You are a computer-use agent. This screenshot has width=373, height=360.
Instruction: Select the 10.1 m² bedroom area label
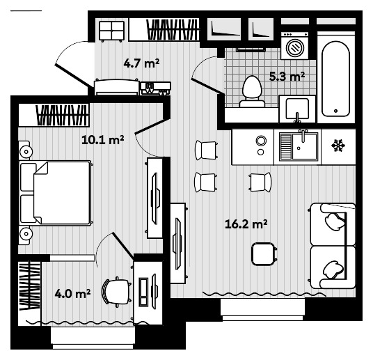click(x=103, y=139)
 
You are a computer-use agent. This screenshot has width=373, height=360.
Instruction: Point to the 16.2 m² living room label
click(x=246, y=224)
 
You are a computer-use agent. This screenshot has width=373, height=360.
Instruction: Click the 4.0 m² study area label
click(x=73, y=294)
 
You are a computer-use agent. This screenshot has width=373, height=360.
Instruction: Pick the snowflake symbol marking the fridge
click(x=338, y=146)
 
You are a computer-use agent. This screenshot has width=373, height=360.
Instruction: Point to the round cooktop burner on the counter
click(x=260, y=141)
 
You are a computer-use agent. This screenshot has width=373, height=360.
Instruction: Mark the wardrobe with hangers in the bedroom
click(x=63, y=115)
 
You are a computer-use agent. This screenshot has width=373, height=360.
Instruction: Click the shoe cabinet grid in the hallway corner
click(x=111, y=31)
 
